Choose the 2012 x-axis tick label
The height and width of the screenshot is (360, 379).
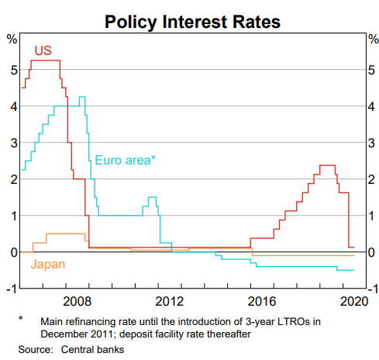pyautogui.click(x=170, y=301)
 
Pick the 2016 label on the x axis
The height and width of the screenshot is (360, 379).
pyautogui.click(x=263, y=301)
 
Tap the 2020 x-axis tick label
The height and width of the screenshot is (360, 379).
pyautogui.click(x=353, y=301)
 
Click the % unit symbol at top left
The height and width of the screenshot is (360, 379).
pyautogui.click(x=12, y=39)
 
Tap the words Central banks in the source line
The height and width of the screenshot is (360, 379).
pyautogui.click(x=93, y=350)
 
